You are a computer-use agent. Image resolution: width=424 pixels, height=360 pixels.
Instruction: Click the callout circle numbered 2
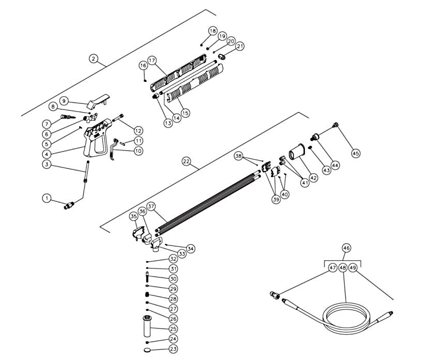[x=94, y=59]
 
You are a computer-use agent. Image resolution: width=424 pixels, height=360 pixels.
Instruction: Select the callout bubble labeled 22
[x=187, y=161]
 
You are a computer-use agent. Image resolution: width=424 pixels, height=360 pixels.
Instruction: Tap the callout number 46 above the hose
[x=345, y=248]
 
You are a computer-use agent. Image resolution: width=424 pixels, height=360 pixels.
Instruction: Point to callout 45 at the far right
[x=356, y=153]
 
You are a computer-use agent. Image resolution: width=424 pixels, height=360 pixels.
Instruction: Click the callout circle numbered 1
[x=47, y=198]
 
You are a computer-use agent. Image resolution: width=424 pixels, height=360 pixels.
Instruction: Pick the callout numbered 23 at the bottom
[x=174, y=349]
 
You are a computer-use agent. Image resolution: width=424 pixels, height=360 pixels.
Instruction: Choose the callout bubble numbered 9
[x=64, y=100]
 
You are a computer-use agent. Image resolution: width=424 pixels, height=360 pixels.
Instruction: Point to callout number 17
[x=152, y=60]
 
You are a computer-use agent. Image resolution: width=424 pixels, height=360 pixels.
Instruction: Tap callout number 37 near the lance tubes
[x=151, y=206]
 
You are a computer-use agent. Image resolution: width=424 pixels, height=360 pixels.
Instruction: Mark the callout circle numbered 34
[x=191, y=249]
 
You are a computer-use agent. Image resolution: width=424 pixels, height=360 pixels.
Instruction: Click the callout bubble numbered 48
[x=342, y=267]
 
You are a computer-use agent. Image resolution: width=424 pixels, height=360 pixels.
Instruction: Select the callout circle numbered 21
[x=240, y=46]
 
